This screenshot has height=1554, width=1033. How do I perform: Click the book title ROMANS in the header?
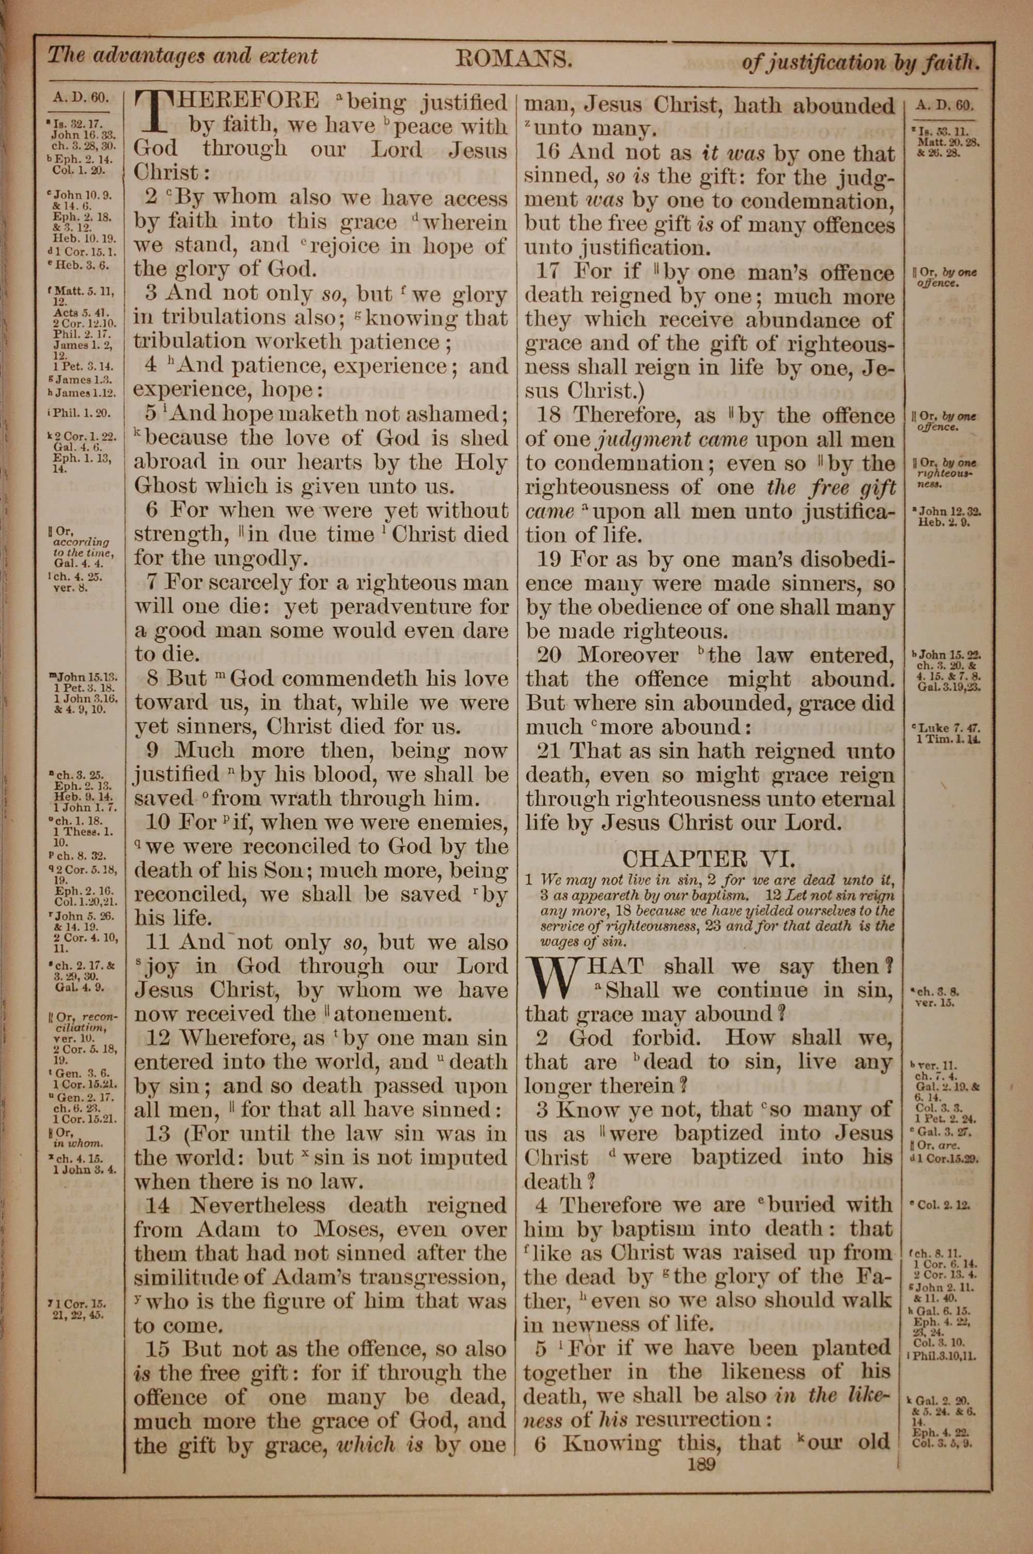click(x=514, y=60)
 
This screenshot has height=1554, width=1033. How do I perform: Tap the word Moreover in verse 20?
click(x=628, y=656)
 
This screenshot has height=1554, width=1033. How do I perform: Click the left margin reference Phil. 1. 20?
click(x=84, y=414)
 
